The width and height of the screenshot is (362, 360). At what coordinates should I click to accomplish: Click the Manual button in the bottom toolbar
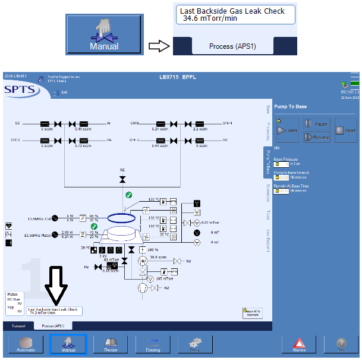[x=68, y=344]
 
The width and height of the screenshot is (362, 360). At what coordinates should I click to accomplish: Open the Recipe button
[x=111, y=344]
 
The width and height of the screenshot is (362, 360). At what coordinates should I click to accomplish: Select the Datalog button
[x=153, y=344]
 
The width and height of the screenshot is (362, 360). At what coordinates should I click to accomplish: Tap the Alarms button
[x=299, y=344]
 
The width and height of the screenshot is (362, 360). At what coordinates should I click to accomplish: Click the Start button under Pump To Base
[x=287, y=130]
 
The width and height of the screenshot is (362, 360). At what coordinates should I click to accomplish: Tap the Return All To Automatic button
[x=251, y=313]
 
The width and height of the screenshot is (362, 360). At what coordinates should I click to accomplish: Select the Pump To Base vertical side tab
[x=267, y=161]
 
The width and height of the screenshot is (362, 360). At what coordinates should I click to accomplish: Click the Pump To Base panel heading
[x=291, y=107]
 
